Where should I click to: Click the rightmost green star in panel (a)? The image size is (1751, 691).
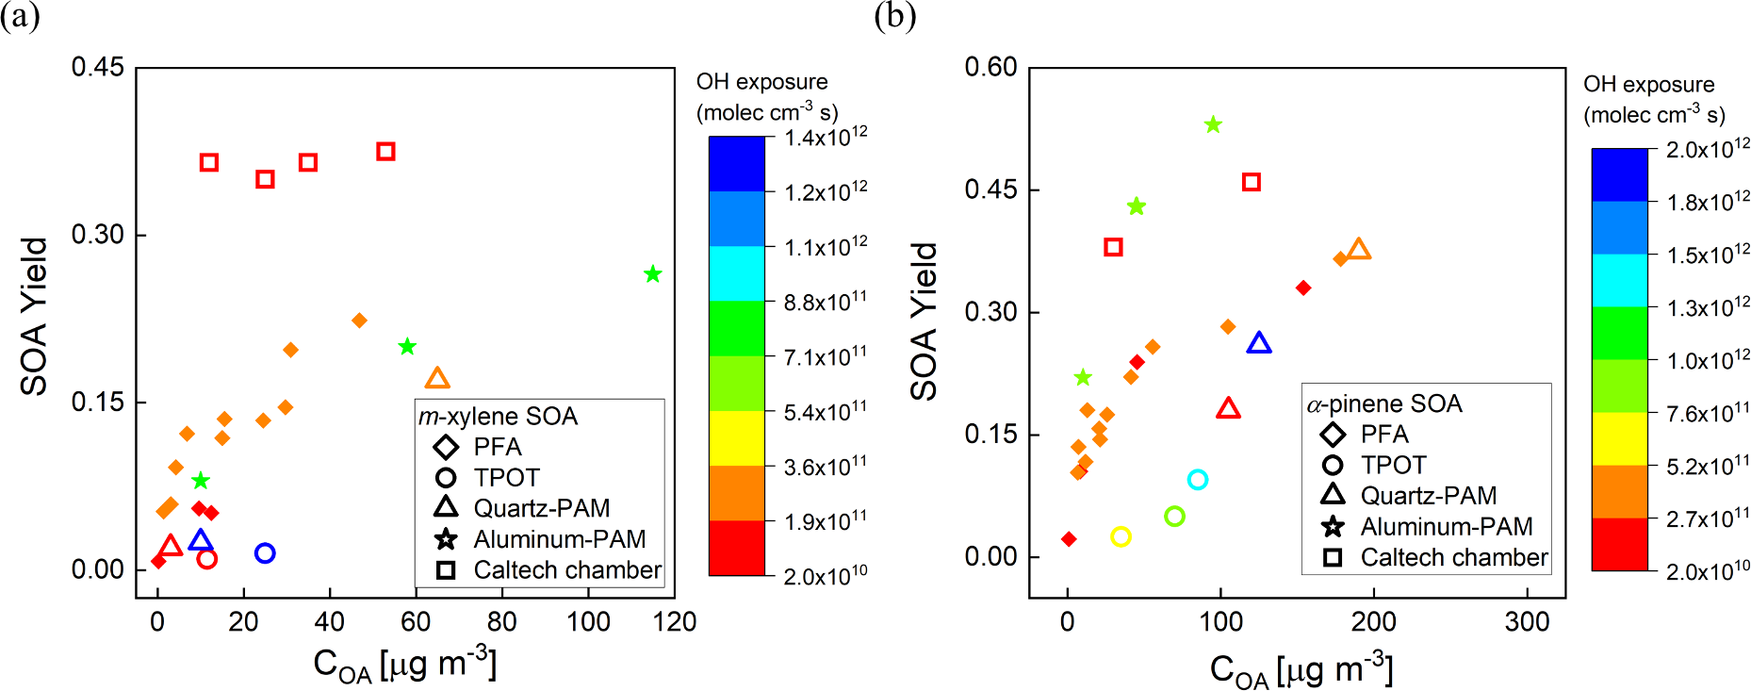click(652, 274)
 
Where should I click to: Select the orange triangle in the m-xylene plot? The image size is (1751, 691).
click(437, 379)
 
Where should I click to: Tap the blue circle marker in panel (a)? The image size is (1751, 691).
click(265, 553)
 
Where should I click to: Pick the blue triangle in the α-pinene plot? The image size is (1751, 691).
click(1259, 343)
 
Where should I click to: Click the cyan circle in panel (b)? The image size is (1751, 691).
click(1198, 480)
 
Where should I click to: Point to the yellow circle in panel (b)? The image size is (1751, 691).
click(1121, 536)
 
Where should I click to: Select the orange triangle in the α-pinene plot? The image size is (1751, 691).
click(1358, 250)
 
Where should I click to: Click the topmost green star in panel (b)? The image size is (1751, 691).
click(1213, 124)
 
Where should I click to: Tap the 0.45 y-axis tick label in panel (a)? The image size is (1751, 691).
click(97, 67)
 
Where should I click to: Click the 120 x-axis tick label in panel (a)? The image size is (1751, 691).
click(675, 622)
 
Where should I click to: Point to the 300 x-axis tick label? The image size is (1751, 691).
click(1527, 622)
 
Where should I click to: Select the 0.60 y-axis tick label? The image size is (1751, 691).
click(990, 67)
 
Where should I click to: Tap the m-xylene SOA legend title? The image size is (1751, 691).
click(498, 416)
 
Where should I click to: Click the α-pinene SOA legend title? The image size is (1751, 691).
click(1383, 403)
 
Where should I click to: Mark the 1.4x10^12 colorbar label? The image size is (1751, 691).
click(826, 138)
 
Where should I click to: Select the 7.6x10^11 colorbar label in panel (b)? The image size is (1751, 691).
click(1708, 413)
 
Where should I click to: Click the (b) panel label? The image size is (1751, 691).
click(894, 16)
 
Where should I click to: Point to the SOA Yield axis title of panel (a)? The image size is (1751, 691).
click(34, 316)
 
